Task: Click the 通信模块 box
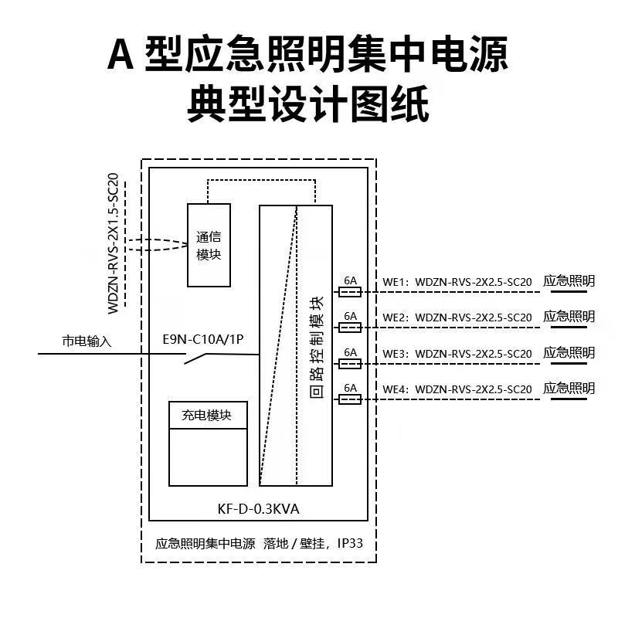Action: click(x=209, y=245)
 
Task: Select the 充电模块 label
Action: click(x=207, y=415)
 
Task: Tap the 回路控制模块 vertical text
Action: click(x=316, y=347)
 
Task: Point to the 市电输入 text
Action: click(x=87, y=341)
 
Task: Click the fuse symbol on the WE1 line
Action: click(x=350, y=292)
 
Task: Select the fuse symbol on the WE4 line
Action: click(x=350, y=399)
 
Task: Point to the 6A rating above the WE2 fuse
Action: click(x=350, y=315)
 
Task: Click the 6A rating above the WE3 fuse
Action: click(x=350, y=351)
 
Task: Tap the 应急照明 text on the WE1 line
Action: click(x=569, y=281)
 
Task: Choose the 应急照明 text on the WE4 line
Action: click(x=569, y=388)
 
